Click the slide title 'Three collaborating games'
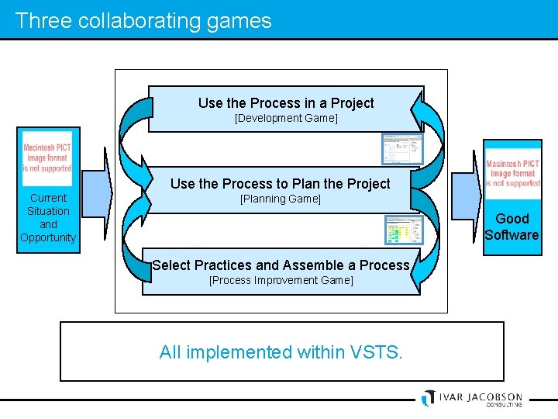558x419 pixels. pos(143,20)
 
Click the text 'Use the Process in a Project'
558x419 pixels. pos(286,103)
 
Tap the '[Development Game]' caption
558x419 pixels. pos(286,118)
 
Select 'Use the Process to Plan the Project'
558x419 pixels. pos(280,184)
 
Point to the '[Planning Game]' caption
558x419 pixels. pos(280,199)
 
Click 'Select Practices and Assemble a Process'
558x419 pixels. pos(281,265)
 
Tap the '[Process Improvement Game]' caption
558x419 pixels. pos(281,280)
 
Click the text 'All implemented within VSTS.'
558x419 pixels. pos(281,352)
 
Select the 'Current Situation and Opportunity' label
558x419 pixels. pos(48,217)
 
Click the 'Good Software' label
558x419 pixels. pos(511,227)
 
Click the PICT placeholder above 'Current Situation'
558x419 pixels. pos(47,158)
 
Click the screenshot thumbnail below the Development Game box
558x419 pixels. pos(402,149)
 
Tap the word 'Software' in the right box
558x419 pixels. pos(511,234)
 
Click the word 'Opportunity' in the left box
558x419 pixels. pos(48,237)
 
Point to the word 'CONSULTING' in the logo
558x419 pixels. pos(504,404)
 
